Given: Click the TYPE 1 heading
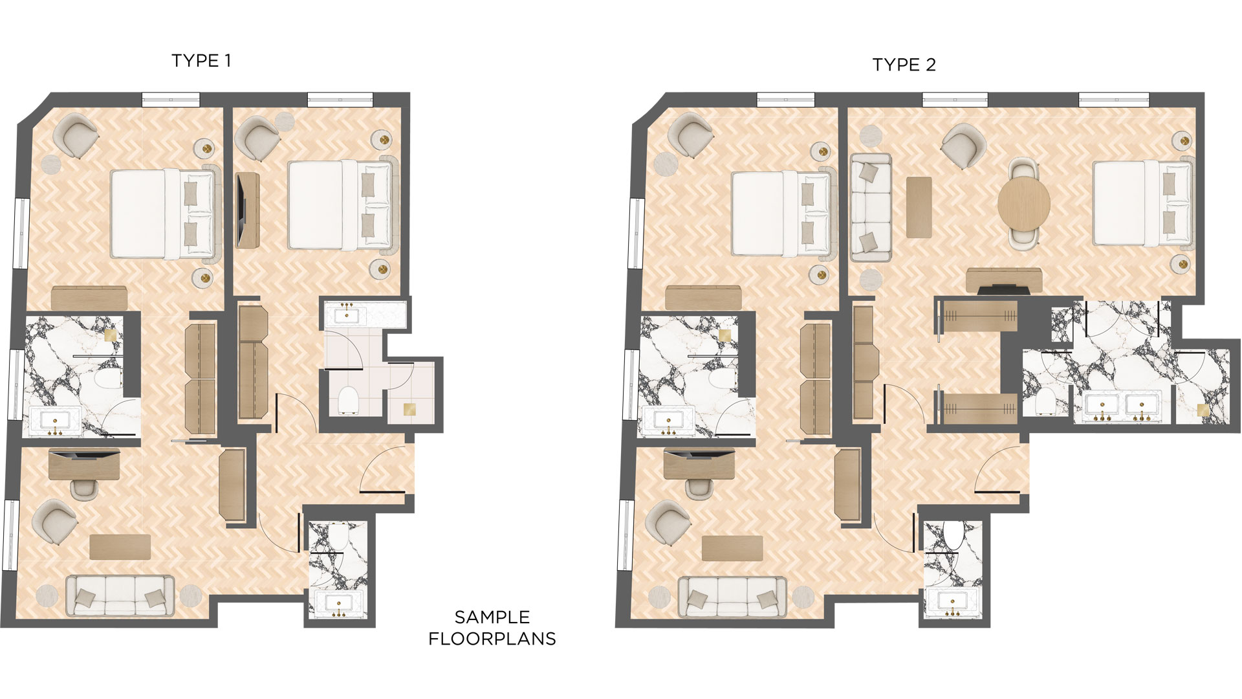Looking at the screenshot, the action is (x=201, y=61).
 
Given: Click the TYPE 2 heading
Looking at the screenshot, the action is (x=904, y=65).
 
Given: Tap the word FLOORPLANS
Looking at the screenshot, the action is (x=492, y=639).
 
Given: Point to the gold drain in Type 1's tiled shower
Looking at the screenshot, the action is (x=409, y=409).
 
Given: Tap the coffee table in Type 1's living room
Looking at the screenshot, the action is (x=120, y=547).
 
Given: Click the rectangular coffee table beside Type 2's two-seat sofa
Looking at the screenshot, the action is (x=919, y=207).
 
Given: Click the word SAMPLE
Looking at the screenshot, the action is (x=492, y=617).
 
